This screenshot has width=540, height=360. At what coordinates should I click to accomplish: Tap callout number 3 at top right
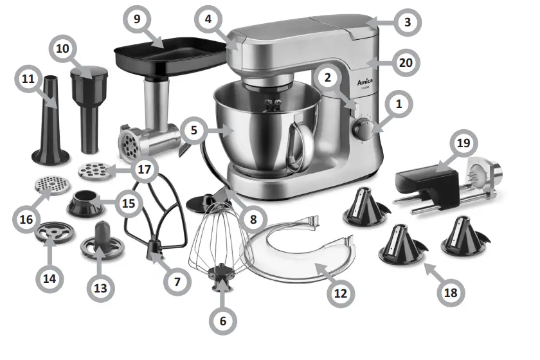[x=407, y=22]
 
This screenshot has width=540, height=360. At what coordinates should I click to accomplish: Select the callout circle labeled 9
[x=137, y=19]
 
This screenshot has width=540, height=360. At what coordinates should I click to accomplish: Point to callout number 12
[x=340, y=293]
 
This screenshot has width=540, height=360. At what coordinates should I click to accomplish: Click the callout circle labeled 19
[x=463, y=144]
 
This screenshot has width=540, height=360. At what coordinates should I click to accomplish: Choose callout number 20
[x=404, y=63]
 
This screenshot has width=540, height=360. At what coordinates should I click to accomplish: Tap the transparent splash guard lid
[x=302, y=251]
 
